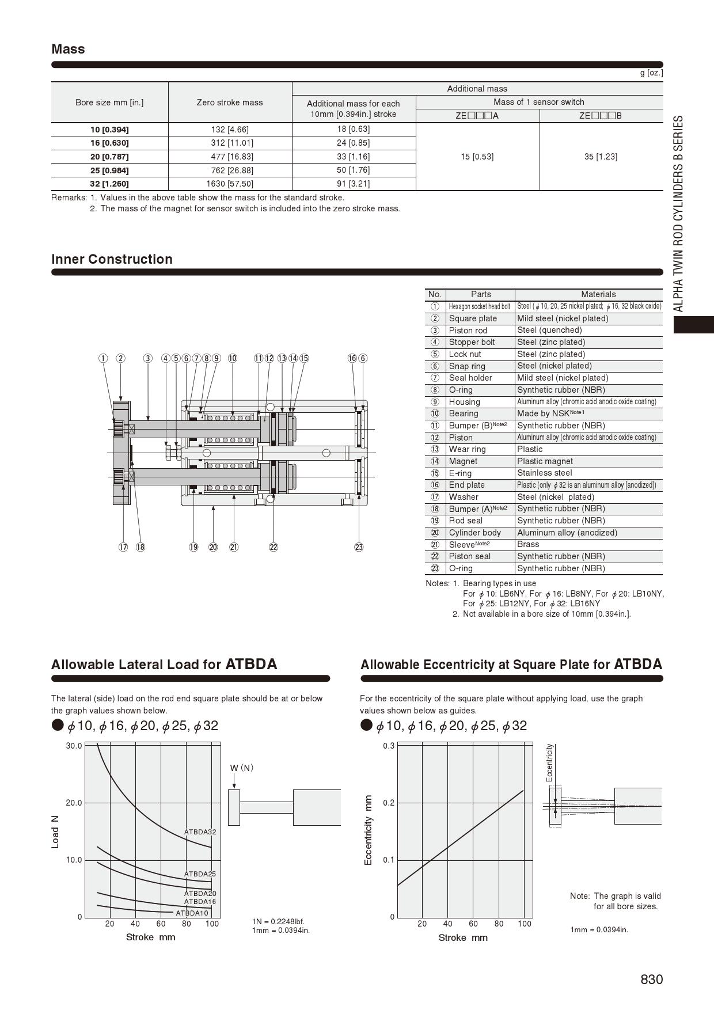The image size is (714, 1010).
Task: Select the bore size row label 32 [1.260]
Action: click(109, 184)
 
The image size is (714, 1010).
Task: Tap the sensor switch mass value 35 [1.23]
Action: click(601, 157)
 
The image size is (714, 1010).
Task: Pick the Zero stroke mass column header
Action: click(229, 102)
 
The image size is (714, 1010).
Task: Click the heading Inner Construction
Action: click(112, 259)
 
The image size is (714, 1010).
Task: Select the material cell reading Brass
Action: click(528, 544)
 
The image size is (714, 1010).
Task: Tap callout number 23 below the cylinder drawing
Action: click(359, 547)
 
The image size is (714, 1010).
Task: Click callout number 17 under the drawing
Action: click(123, 547)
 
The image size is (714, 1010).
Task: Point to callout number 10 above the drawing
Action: click(232, 358)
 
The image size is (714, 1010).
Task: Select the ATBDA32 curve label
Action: click(200, 832)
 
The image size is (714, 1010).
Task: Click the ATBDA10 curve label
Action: click(192, 913)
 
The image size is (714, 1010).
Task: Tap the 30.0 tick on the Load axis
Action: click(74, 746)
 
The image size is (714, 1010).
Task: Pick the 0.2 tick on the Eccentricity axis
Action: click(389, 803)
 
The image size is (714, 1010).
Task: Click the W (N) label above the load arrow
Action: click(242, 768)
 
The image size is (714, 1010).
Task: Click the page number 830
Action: click(651, 979)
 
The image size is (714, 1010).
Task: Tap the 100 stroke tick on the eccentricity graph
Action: click(524, 924)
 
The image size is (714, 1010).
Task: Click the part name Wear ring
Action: click(467, 449)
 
